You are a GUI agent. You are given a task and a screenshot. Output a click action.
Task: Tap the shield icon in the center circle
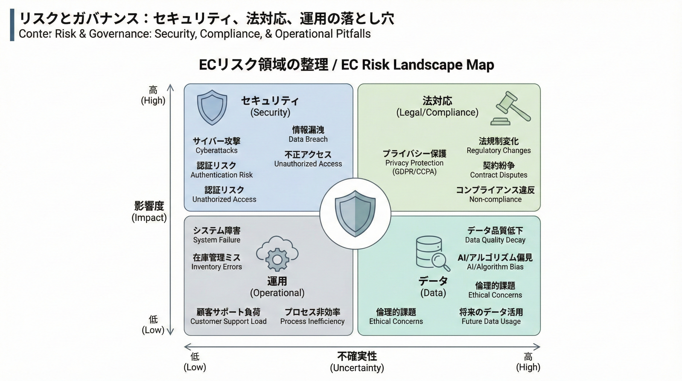[x=355, y=213]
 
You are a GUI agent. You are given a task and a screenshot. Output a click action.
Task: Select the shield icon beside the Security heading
[x=212, y=107]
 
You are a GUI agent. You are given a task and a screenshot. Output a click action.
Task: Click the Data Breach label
[x=308, y=139]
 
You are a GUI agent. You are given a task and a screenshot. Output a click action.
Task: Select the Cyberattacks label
[x=217, y=151]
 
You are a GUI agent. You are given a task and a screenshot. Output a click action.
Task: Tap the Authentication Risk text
[x=222, y=175]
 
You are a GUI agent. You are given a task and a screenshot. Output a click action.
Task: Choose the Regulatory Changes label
[x=499, y=151]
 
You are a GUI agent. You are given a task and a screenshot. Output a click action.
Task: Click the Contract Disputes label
[x=499, y=175]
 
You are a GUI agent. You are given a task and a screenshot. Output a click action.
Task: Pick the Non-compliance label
[x=495, y=199]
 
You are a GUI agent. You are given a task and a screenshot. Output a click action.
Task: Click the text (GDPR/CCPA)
[x=414, y=172]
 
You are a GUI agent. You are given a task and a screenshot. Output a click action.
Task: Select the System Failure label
[x=217, y=240]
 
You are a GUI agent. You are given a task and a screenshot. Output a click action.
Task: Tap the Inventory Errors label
[x=217, y=267]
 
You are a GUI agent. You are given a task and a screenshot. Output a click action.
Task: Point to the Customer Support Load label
[x=228, y=321]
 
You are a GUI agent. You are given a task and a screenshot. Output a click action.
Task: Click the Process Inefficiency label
[x=313, y=321]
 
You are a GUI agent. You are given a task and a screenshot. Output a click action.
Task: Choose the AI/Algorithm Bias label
[x=495, y=267]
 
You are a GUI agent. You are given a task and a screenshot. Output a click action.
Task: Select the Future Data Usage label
[x=491, y=321]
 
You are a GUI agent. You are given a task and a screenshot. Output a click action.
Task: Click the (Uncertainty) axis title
[x=357, y=368]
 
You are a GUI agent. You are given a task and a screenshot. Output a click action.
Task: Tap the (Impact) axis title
[x=149, y=218]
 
